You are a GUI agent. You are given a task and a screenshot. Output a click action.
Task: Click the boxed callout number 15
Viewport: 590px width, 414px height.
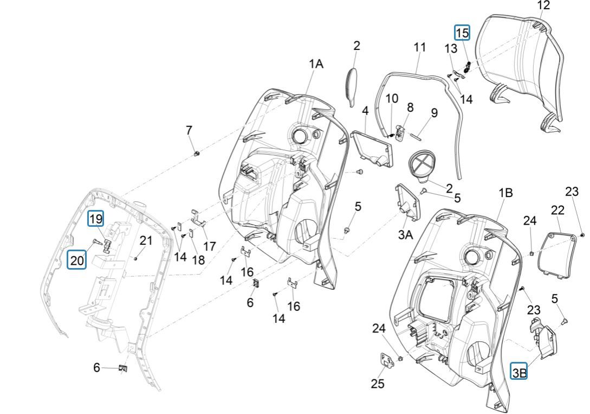[x=462, y=33]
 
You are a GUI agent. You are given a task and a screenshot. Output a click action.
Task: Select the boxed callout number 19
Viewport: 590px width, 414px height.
[x=96, y=219]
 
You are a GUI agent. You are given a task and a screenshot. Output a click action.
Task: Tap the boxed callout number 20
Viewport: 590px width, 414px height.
[x=77, y=260]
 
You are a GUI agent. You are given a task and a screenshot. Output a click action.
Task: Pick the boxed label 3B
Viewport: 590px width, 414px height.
[x=519, y=372]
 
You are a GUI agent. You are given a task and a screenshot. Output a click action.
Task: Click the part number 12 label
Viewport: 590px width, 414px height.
[x=543, y=5]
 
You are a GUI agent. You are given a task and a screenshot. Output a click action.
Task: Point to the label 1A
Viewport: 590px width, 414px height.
[x=316, y=63]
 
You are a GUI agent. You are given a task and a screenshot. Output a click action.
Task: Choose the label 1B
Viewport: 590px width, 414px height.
[x=505, y=193]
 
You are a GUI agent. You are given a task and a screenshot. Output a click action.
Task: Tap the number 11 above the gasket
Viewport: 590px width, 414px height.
[x=420, y=47]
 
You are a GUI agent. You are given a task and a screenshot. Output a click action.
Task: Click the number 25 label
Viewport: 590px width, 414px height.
[x=378, y=384]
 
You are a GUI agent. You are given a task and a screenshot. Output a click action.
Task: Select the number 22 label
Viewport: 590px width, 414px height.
[x=557, y=210]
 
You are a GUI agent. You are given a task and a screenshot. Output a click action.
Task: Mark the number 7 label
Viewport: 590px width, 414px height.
[x=189, y=130]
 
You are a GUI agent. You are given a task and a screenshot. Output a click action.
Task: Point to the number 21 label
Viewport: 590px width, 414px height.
[x=146, y=240]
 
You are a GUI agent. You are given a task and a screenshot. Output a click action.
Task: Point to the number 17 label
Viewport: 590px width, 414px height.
[x=210, y=246]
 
